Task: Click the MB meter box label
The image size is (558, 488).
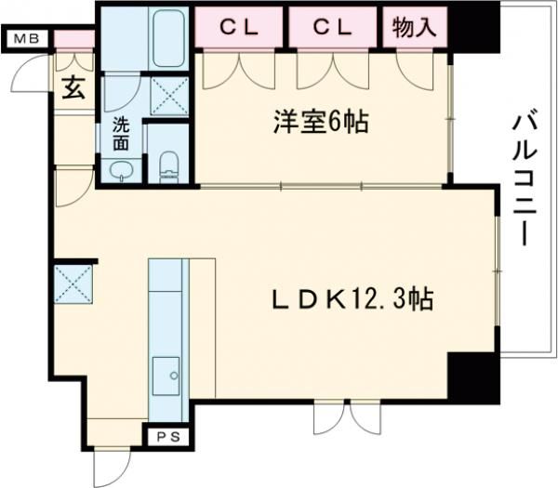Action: click(x=26, y=38)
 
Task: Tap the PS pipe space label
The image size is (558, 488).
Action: click(x=168, y=437)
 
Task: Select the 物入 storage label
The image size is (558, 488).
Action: click(x=415, y=27)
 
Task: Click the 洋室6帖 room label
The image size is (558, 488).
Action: click(x=321, y=122)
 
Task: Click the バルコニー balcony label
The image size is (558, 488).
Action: click(x=525, y=180)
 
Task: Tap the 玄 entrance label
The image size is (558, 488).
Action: click(x=73, y=88)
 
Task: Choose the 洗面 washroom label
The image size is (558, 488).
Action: click(x=121, y=133)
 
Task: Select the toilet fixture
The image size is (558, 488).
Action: click(x=168, y=167)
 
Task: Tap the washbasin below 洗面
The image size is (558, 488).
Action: click(x=121, y=171)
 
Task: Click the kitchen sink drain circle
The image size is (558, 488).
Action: click(x=174, y=376)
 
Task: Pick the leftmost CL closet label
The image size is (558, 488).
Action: click(x=239, y=28)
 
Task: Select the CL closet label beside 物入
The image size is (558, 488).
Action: click(x=333, y=28)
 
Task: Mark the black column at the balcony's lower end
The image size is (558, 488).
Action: click(x=473, y=378)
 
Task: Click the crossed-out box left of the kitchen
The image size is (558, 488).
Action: click(x=73, y=284)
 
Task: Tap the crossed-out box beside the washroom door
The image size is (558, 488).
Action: click(x=169, y=96)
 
